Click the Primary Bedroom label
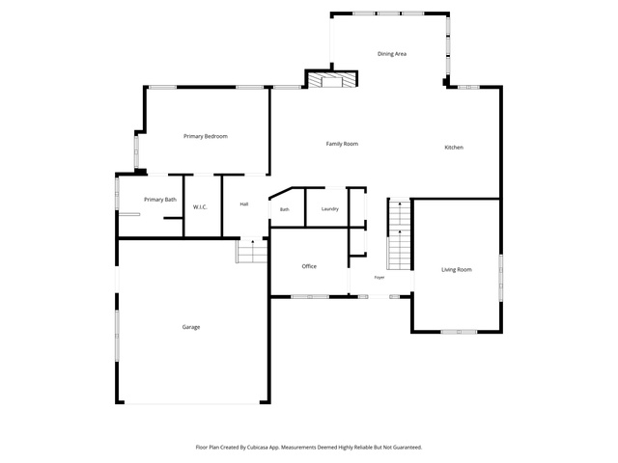coord(206,136)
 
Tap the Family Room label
coord(342,144)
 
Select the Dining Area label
coord(392,54)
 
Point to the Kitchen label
coord(454,148)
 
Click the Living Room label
coord(457,270)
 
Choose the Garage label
coord(191,327)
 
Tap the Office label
coord(309,266)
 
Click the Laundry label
coord(330,209)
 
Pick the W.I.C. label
coord(200,207)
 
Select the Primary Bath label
coord(160,200)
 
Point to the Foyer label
coord(379,278)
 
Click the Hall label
coord(244,204)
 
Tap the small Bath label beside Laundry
coord(285,209)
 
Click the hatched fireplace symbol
coord(331,79)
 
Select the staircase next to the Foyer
coord(399,234)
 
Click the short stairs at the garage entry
coord(252,251)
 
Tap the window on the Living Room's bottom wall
coord(459,332)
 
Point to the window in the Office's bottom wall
coord(310,296)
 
